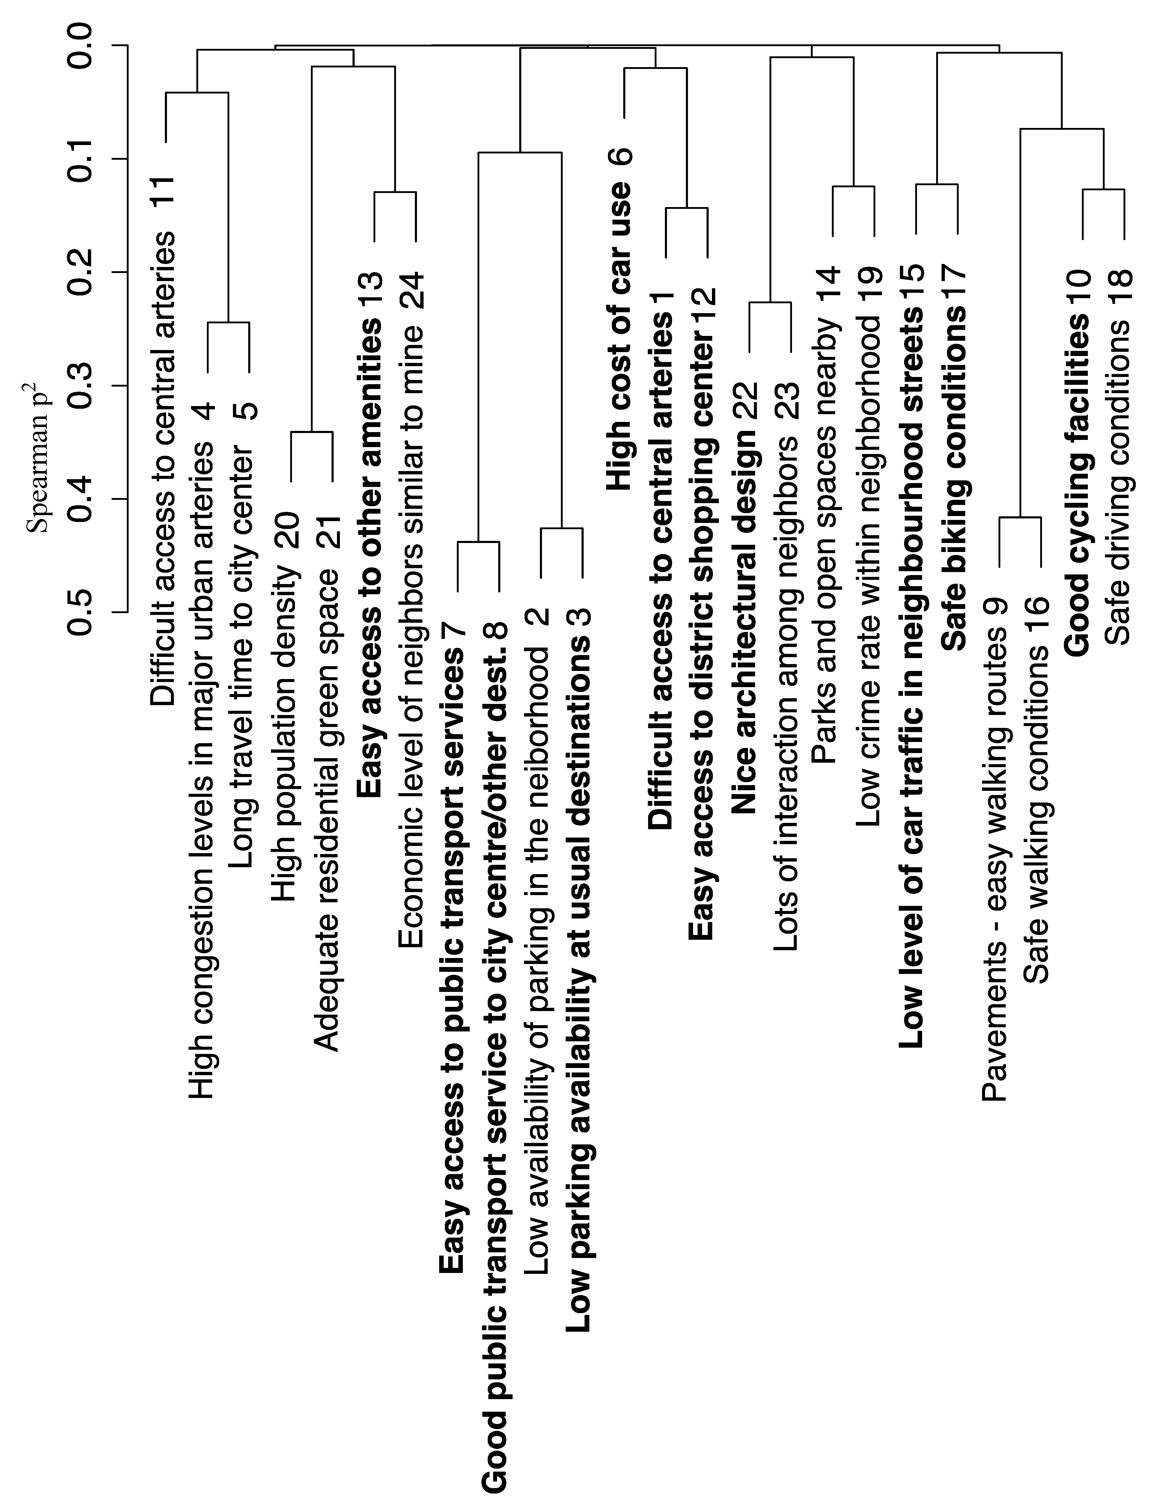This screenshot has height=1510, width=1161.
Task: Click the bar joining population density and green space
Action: tap(312, 432)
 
